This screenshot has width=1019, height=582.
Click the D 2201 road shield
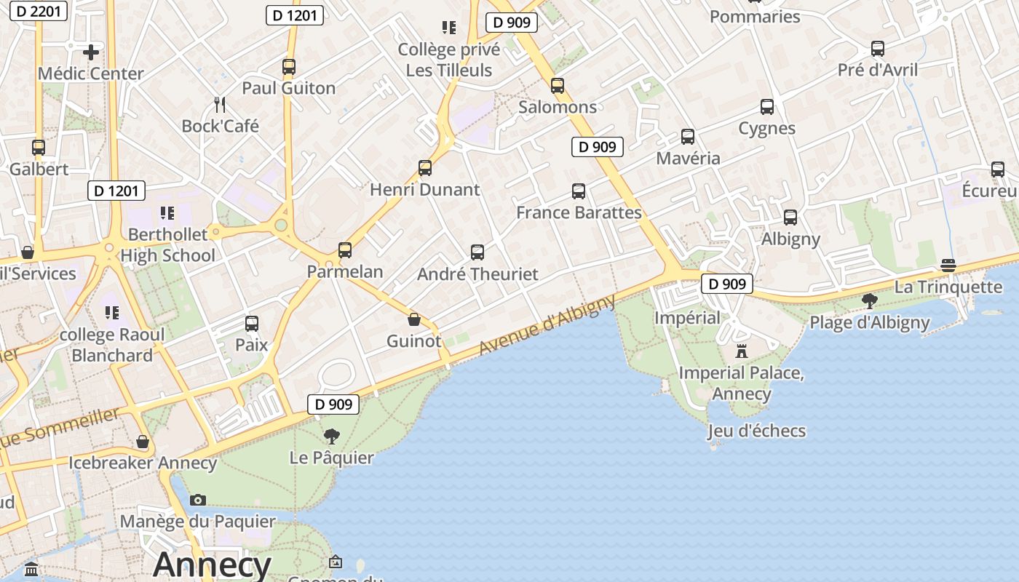[x=41, y=11]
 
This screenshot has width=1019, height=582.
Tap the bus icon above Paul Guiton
[x=289, y=67]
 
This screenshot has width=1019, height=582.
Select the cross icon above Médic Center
[x=91, y=52]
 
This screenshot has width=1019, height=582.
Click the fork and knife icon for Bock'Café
[x=220, y=105]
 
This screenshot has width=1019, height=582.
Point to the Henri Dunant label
[x=425, y=190]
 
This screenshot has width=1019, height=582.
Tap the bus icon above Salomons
[x=558, y=86]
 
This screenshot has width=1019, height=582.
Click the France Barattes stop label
[x=579, y=212]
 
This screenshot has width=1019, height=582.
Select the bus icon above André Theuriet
[x=477, y=252]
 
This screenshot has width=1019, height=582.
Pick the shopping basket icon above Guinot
[x=414, y=319]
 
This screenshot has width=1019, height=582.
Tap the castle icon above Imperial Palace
[x=742, y=351]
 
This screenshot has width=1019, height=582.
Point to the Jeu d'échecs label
[x=756, y=431]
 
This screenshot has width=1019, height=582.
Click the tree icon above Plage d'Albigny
[x=869, y=300]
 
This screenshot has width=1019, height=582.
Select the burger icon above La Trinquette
[x=948, y=266]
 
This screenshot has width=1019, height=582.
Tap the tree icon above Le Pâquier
[x=332, y=436]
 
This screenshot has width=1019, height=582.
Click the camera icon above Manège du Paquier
[x=198, y=500]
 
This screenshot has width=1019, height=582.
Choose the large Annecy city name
[x=212, y=565]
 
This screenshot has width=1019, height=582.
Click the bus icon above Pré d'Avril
[x=878, y=49]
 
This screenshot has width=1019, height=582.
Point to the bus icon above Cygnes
[x=767, y=107]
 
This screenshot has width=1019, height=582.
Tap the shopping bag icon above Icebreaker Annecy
[x=143, y=442]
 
